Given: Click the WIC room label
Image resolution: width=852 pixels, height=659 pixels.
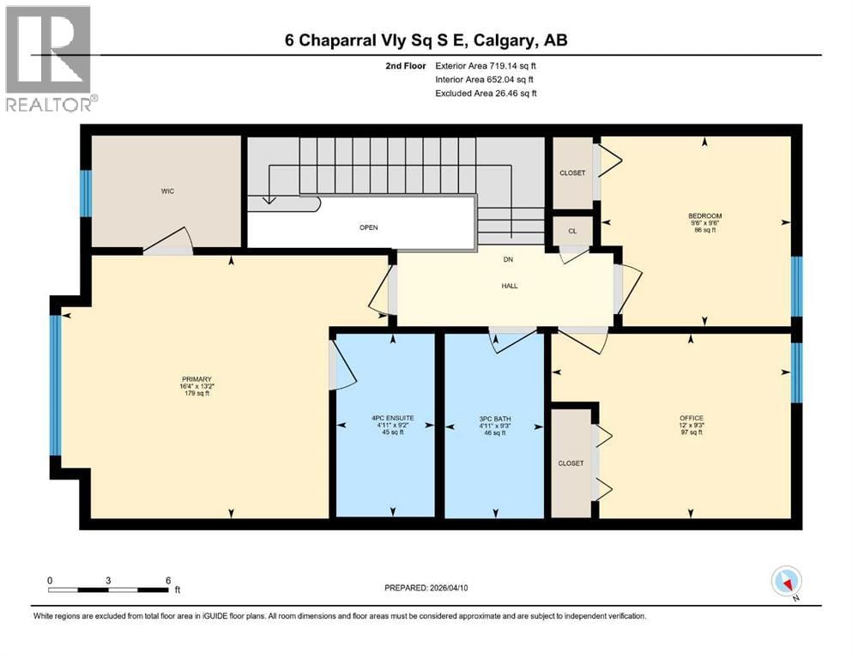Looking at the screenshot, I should pos(168,190).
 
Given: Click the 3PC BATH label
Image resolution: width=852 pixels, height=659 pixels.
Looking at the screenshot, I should pos(492,418).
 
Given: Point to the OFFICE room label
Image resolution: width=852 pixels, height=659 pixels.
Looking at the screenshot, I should pos(691,418).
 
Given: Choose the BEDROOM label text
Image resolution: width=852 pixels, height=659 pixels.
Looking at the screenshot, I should pos(704,215).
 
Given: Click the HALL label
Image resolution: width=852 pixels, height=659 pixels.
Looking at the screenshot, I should pos(509,287).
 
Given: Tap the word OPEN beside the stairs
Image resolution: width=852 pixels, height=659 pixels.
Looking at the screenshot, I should pos(368,227).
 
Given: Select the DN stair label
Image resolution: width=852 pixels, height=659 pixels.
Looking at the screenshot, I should pos(507,261).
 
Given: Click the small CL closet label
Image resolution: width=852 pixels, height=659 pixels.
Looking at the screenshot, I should pos(572,232).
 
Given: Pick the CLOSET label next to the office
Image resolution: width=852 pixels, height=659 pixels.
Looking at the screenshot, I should pos(571,463).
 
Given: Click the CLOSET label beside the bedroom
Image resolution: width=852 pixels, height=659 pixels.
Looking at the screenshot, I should pos(572,172).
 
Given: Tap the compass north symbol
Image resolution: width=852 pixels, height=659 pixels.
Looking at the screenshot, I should pos(787,583).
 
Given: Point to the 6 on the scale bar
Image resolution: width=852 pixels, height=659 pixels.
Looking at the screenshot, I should pos(166,579).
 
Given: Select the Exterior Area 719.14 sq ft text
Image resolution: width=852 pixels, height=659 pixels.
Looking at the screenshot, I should pos(486,65).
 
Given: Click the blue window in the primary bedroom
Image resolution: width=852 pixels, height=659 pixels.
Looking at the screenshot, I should pos(56,384).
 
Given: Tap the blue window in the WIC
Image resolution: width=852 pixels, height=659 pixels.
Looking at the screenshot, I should pos(86,193).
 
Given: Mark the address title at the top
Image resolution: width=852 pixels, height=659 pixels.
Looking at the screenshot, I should pos(426,40).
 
